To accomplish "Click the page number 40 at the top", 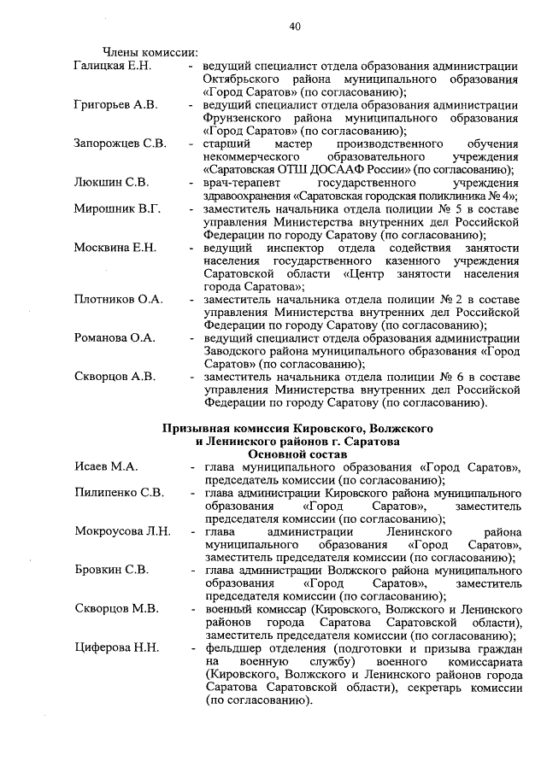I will click(294, 27).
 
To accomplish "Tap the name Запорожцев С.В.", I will click(120, 143).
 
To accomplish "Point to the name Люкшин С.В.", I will click(112, 182).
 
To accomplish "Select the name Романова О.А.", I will click(115, 337).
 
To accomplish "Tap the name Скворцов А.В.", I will click(115, 376).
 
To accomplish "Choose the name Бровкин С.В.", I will click(111, 570).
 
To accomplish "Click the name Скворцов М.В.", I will click(116, 609).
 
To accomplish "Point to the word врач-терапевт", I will click(242, 182).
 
